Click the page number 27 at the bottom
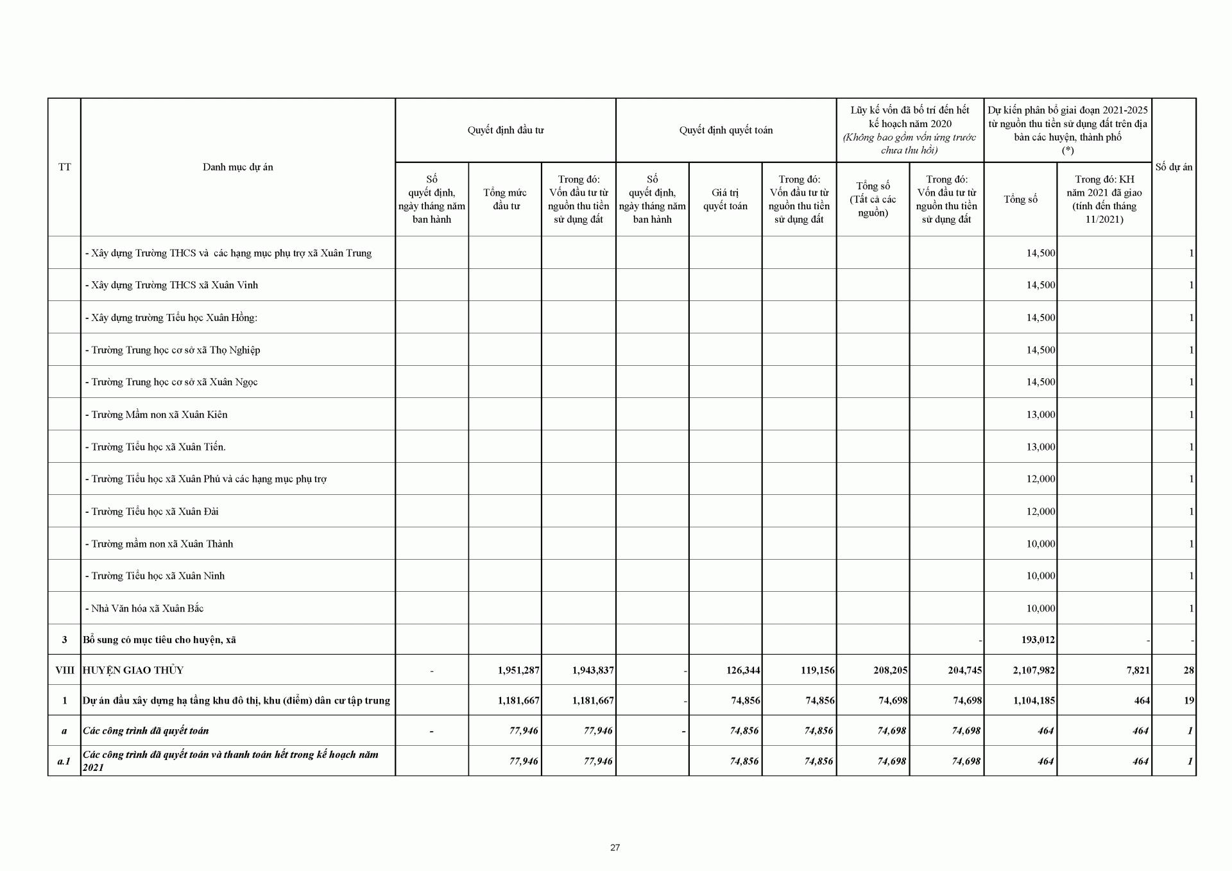pos(615,847)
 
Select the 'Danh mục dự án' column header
pos(237,167)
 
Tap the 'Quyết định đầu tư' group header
pos(505,130)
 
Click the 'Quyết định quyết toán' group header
pos(726,130)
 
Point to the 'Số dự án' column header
pos(1174,167)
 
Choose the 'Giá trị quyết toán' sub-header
pos(725,199)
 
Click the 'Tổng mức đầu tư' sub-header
pos(505,199)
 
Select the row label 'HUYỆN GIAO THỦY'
pos(133,670)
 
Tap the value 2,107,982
pos(1034,670)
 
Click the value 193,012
pos(1038,640)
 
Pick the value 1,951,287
pos(518,670)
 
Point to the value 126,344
pos(742,670)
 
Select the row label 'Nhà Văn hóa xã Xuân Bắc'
pos(147,608)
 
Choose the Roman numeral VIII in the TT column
pos(65,670)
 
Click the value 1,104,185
pos(1034,700)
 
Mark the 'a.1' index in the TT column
pos(64,761)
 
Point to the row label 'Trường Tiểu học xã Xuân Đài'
pos(155,512)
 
